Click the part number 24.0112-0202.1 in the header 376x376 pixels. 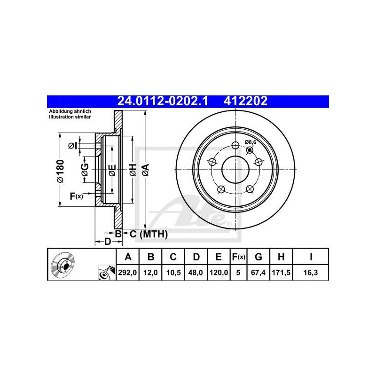[x=162, y=101]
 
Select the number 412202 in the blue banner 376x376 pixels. [x=245, y=101]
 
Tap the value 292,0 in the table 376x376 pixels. [x=127, y=273]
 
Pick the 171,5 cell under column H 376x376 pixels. [x=281, y=273]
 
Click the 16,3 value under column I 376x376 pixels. [x=311, y=273]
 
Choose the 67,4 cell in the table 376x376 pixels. [x=258, y=273]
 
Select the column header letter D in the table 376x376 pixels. [x=196, y=257]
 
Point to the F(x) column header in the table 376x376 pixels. [x=238, y=257]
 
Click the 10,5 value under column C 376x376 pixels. [x=173, y=273]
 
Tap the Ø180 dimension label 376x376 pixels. [x=61, y=171]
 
